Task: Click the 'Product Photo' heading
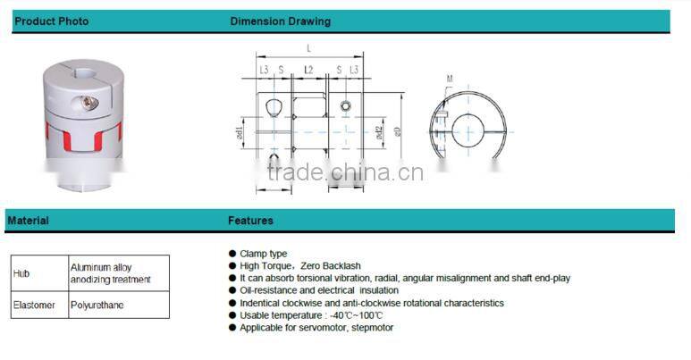(x=52, y=21)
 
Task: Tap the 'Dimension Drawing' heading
(x=280, y=21)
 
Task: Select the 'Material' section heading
(x=28, y=221)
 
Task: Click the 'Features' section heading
(x=250, y=221)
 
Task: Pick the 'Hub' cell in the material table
(x=21, y=273)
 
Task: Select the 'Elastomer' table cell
(x=35, y=305)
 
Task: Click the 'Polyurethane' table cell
(x=99, y=305)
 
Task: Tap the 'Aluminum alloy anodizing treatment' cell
(x=111, y=273)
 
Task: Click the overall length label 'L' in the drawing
(x=309, y=46)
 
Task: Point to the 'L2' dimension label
(x=308, y=69)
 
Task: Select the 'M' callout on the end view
(x=450, y=79)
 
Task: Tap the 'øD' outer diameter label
(x=399, y=131)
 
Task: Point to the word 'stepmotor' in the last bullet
(x=372, y=328)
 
